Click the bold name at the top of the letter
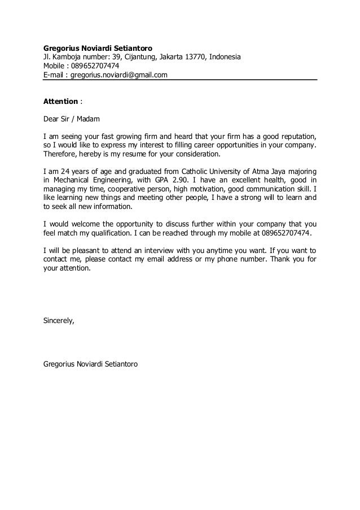pos(98,48)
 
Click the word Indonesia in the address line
pos(226,57)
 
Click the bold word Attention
pos(61,101)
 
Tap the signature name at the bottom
pos(94,365)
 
